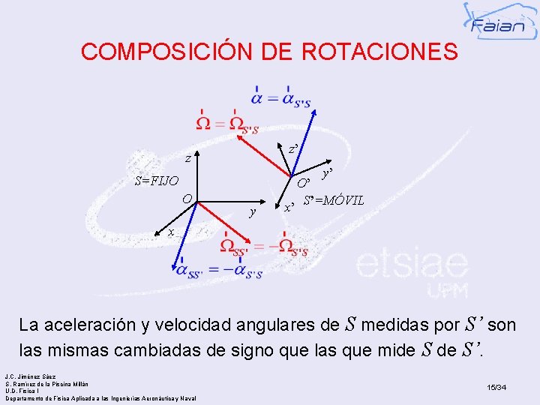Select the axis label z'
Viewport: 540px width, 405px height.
pos(295,150)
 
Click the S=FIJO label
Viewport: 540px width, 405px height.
pos(156,181)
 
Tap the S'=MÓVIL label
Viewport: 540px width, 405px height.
pos(334,201)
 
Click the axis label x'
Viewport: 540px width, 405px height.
pos(288,208)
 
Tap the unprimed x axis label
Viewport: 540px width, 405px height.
pos(172,231)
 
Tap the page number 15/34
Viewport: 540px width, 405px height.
pos(496,387)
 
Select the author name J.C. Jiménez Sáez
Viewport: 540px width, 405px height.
pos(31,376)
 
